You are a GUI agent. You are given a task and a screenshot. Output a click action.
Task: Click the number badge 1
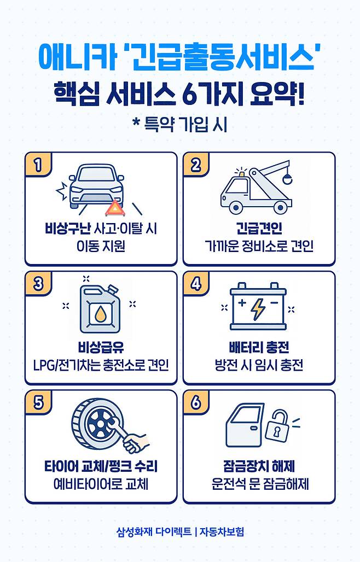37,165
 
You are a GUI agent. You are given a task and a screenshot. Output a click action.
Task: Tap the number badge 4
195,284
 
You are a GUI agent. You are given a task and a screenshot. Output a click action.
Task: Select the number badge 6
195,402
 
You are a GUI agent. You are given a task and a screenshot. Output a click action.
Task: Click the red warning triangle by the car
115,208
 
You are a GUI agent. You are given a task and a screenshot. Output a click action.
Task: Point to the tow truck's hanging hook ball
287,178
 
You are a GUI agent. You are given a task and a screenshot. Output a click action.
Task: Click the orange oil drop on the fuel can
99,314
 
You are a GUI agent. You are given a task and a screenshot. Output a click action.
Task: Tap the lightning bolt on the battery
258,308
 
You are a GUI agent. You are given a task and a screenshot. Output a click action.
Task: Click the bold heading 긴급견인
259,228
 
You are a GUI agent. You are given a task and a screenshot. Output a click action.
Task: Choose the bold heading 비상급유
101,347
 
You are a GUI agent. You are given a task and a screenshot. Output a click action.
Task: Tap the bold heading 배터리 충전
259,347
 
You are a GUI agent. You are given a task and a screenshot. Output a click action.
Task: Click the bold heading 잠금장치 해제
259,466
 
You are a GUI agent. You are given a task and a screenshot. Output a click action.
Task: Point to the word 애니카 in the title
77,57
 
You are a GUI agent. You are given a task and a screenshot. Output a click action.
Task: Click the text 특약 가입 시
185,124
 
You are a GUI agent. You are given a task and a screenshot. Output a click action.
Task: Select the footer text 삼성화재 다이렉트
154,531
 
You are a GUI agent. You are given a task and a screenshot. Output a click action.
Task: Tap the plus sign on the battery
242,303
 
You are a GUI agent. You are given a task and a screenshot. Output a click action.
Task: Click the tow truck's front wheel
235,207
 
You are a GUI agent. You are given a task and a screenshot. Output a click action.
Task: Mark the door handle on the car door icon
253,428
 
